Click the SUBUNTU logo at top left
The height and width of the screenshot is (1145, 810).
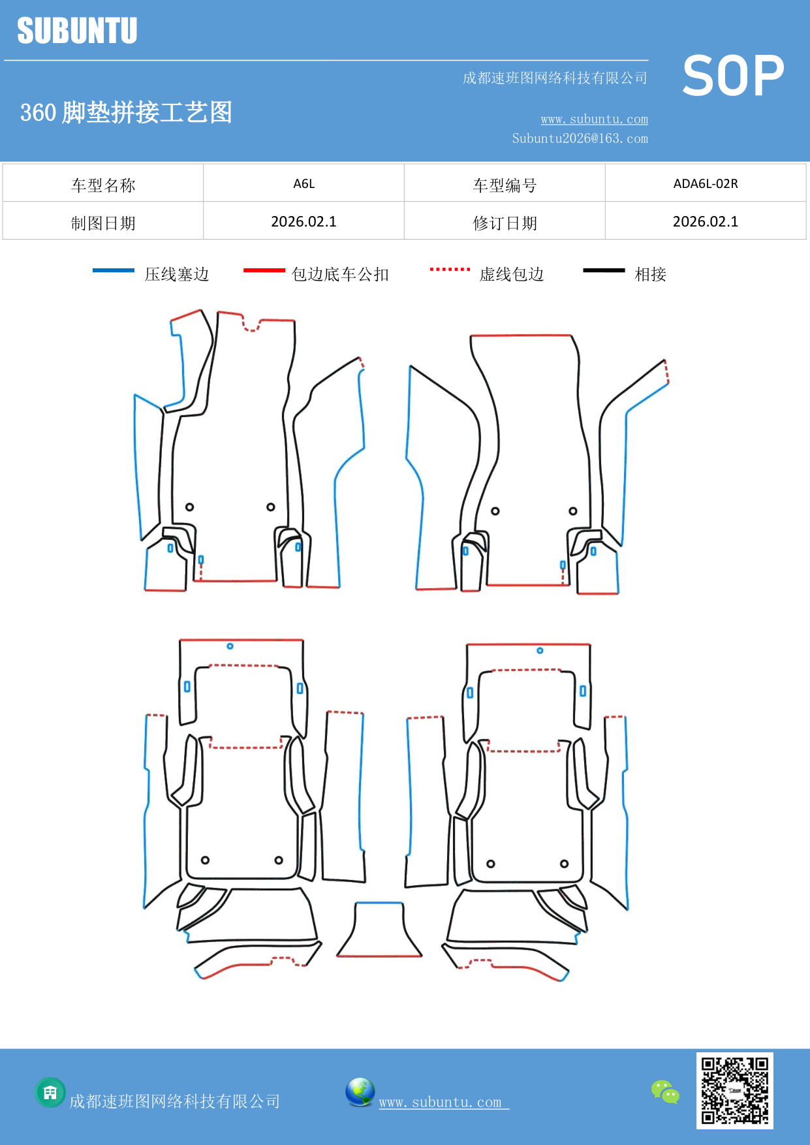click(x=77, y=31)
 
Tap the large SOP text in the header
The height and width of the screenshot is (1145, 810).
click(x=733, y=76)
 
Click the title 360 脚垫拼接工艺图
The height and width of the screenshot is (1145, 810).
click(x=126, y=112)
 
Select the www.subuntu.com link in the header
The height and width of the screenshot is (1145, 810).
click(x=594, y=119)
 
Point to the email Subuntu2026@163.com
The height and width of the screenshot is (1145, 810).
click(x=580, y=138)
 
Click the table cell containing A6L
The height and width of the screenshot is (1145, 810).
click(x=304, y=183)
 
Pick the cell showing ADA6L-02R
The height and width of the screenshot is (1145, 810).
click(x=705, y=183)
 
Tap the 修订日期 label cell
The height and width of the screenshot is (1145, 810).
click(x=505, y=223)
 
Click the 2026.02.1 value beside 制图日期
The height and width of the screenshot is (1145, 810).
click(x=304, y=222)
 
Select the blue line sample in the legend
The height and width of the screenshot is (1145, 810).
click(x=114, y=270)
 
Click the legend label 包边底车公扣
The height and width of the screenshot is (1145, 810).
click(x=340, y=274)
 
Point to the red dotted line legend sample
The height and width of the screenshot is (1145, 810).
click(x=450, y=269)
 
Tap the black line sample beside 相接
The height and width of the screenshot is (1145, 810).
click(x=604, y=270)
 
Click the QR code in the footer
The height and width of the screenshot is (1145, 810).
click(x=734, y=1090)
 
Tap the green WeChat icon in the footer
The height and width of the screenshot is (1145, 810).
click(x=665, y=1091)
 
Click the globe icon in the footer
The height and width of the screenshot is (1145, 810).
click(x=360, y=1091)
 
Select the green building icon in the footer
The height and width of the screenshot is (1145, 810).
click(x=50, y=1092)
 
